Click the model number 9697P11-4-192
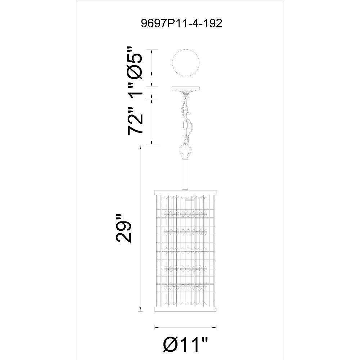[181, 23]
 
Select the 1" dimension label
[135, 89]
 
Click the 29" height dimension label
[123, 228]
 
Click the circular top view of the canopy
[186, 63]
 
